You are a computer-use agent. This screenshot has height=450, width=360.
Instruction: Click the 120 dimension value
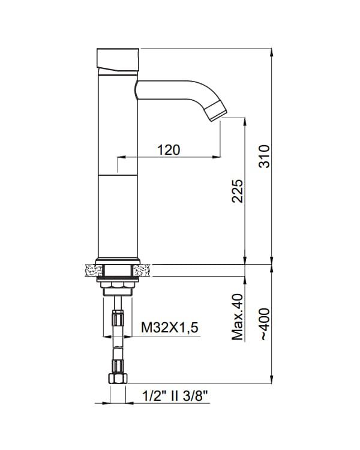click(169, 150)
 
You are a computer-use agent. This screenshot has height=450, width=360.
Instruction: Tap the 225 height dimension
click(238, 191)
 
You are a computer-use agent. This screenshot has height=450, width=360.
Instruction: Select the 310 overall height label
click(265, 157)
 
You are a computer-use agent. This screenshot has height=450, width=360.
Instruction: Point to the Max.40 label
click(238, 317)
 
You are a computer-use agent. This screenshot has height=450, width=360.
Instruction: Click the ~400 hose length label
click(265, 324)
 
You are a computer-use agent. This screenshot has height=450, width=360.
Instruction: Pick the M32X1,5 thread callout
click(170, 328)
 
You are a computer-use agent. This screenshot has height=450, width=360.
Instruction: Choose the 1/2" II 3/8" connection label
click(175, 397)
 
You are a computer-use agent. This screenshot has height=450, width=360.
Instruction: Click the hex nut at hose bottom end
click(118, 379)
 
